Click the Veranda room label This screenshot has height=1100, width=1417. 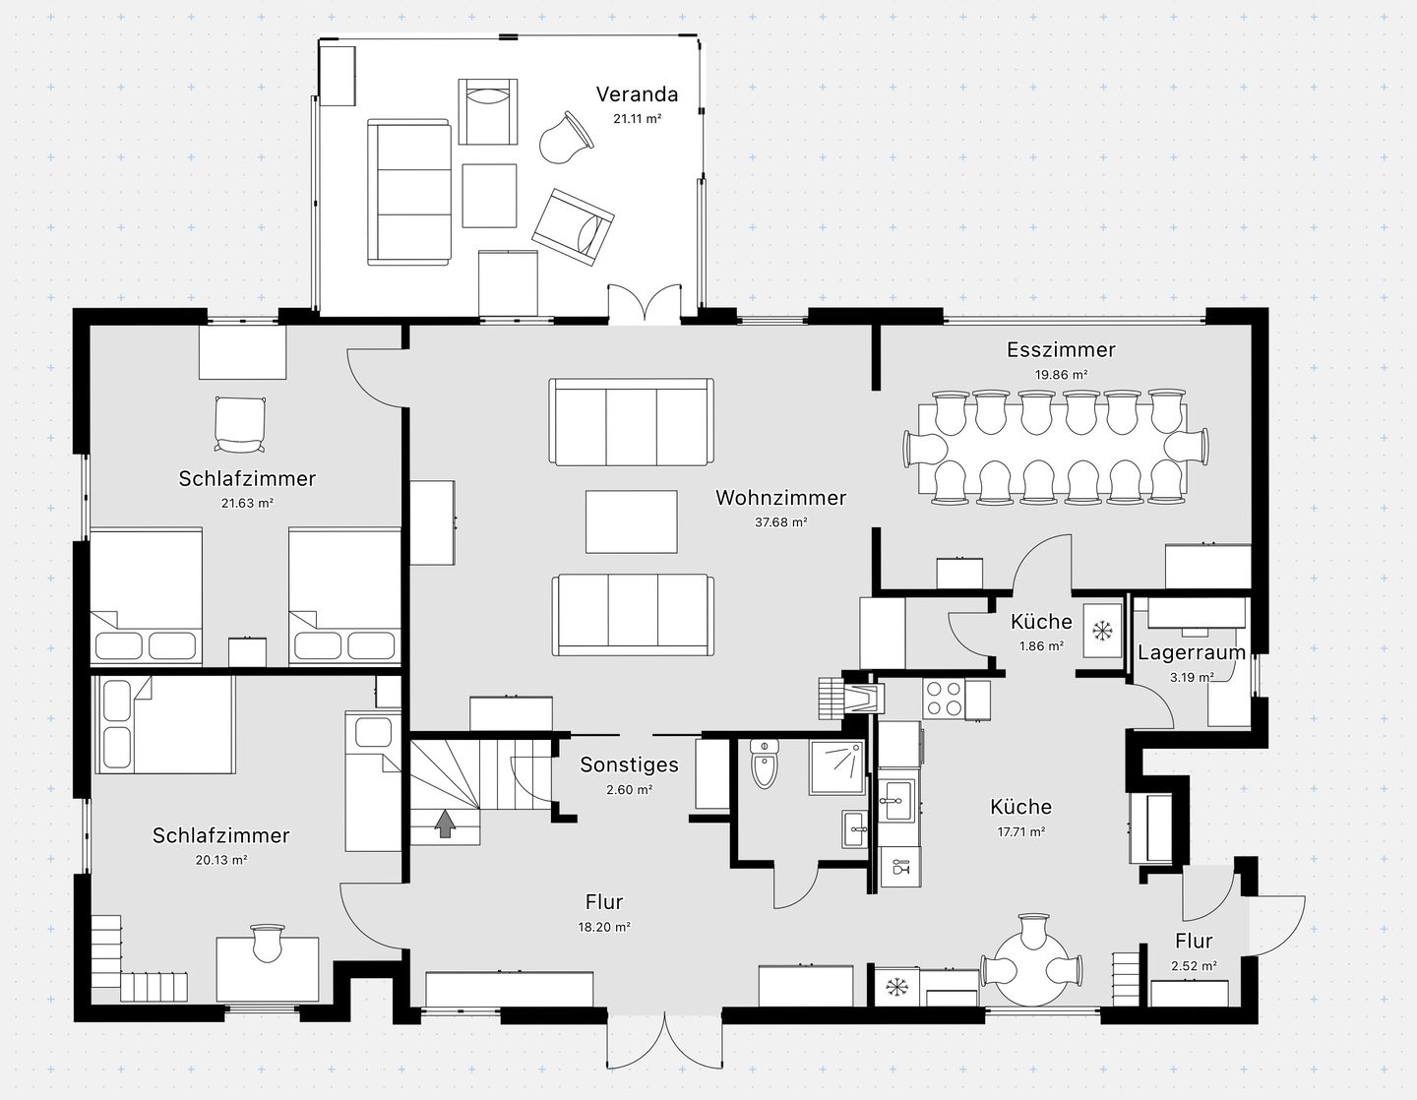coord(637,94)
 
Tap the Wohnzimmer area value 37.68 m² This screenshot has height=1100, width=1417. coord(781,521)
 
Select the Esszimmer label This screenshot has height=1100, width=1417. coord(1061,349)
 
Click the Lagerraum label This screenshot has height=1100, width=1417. coord(1192,652)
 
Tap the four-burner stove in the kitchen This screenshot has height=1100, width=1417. coord(944,699)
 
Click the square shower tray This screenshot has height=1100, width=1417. coord(837,767)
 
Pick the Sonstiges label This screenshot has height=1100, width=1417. coord(629,764)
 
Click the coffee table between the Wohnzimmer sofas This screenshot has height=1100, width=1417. coord(631,521)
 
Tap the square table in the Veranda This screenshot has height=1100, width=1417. coord(489,196)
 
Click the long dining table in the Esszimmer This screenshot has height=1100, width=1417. coord(1053,449)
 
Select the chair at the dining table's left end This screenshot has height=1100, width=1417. coord(925,449)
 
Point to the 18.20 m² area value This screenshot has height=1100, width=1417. coord(604,927)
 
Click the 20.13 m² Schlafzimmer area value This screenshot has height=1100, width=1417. coord(221,859)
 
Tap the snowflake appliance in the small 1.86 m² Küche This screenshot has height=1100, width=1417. coord(1102,631)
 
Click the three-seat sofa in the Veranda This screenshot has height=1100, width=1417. coord(408,193)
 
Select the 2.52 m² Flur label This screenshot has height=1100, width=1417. coord(1194,941)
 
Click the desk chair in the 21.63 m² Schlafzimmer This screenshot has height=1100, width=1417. coord(240,424)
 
